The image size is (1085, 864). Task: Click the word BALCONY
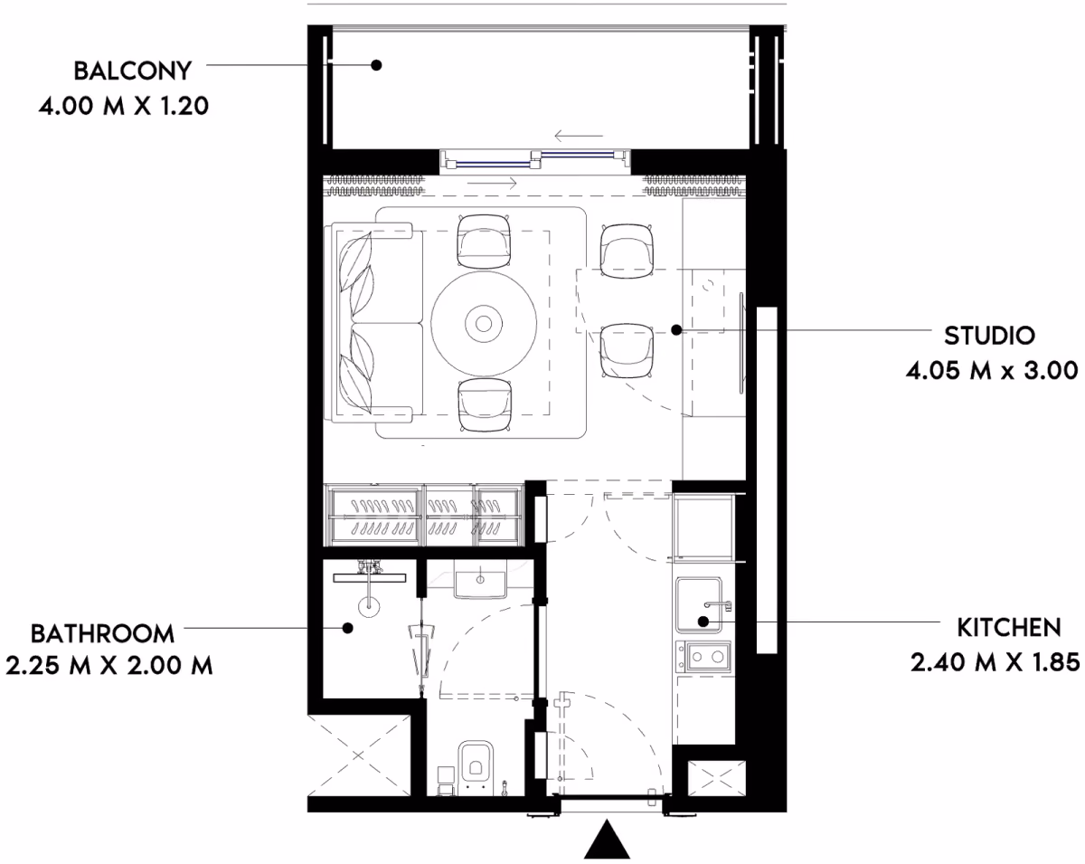pyautogui.click(x=133, y=71)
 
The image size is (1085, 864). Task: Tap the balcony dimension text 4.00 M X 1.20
pyautogui.click(x=124, y=106)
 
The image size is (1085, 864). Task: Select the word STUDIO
pyautogui.click(x=989, y=336)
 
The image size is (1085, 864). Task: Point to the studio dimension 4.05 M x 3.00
pyautogui.click(x=992, y=371)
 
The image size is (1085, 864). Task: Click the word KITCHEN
pyautogui.click(x=1009, y=628)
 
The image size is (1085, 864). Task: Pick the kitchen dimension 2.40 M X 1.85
pyautogui.click(x=995, y=662)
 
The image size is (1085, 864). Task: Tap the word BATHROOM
pyautogui.click(x=103, y=634)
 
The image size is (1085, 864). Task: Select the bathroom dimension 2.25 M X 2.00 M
pyautogui.click(x=109, y=666)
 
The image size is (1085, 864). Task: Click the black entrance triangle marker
pyautogui.click(x=607, y=839)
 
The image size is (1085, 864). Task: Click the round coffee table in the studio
pyautogui.click(x=484, y=324)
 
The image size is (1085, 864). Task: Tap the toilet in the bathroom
pyautogui.click(x=475, y=768)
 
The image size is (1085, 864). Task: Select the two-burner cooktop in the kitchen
pyautogui.click(x=703, y=657)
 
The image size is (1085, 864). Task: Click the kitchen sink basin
pyautogui.click(x=699, y=605)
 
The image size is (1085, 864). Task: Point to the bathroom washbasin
pyautogui.click(x=480, y=584)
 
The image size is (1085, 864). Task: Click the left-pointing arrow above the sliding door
pyautogui.click(x=579, y=136)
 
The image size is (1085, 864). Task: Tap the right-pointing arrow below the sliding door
pyautogui.click(x=493, y=183)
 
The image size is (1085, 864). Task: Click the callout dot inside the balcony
pyautogui.click(x=376, y=65)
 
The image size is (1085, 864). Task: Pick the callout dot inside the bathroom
pyautogui.click(x=347, y=628)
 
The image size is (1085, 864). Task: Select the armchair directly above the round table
pyautogui.click(x=484, y=242)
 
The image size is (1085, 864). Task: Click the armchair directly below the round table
pyautogui.click(x=485, y=405)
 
